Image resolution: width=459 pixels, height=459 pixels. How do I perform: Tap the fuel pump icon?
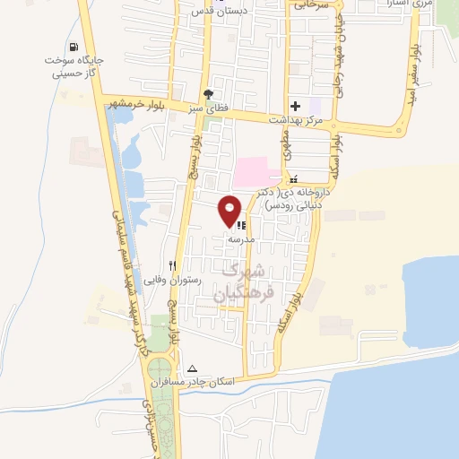[72, 47]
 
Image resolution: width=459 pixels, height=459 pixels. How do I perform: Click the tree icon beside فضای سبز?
[209, 93]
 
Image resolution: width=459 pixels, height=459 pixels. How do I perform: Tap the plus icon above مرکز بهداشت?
[295, 106]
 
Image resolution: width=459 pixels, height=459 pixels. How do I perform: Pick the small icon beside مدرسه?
[241, 225]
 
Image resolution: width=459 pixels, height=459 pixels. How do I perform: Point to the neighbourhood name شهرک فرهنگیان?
[241, 280]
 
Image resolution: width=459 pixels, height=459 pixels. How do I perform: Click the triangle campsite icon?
[191, 368]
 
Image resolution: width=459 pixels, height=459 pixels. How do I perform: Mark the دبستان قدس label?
[216, 13]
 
